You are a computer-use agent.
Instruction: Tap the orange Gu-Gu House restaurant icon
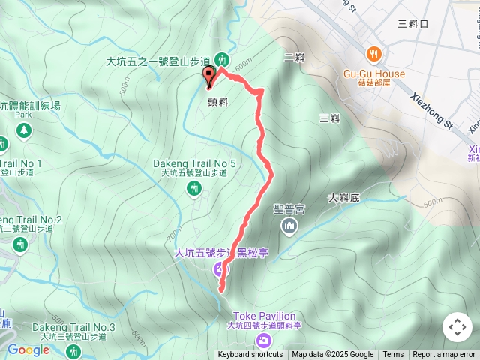coord(373,54)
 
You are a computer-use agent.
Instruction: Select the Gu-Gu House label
coord(373,74)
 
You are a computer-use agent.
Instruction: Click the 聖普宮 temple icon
coord(289,226)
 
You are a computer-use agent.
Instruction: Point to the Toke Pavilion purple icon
coord(263,340)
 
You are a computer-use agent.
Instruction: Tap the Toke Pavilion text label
coord(263,316)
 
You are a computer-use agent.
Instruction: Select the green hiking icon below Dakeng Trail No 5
coord(194,188)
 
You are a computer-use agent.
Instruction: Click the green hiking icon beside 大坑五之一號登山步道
coord(221,59)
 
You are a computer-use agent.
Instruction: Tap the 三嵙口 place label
coord(413,23)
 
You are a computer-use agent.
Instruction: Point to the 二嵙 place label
coord(294,56)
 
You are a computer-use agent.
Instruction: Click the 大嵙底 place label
coord(344,198)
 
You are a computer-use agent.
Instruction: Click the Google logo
coord(28,349)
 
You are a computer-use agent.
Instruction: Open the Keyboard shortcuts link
coord(250,355)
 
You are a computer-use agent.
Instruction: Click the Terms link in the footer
coord(393,355)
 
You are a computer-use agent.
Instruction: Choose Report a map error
coord(444,355)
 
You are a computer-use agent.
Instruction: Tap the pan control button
coord(457,327)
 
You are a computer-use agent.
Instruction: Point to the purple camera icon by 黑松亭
coord(220,268)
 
